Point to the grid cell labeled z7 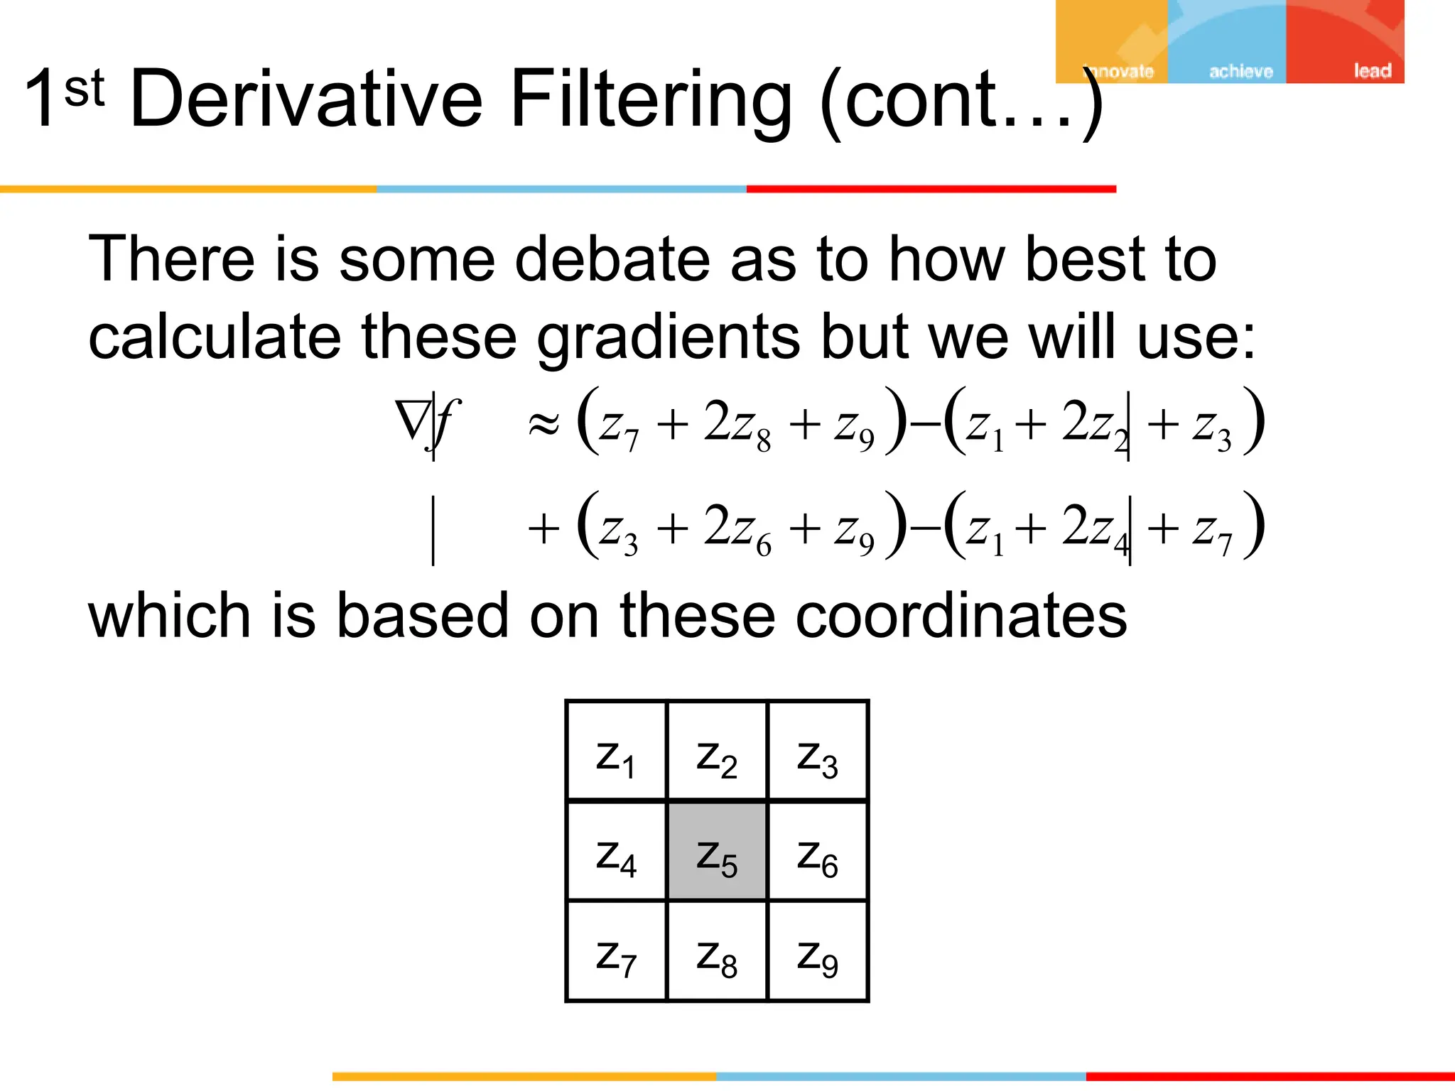[x=616, y=952]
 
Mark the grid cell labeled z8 [x=717, y=952]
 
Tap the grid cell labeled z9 [x=818, y=952]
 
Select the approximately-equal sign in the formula [x=543, y=425]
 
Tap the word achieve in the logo [x=1240, y=71]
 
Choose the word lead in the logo [x=1372, y=71]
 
